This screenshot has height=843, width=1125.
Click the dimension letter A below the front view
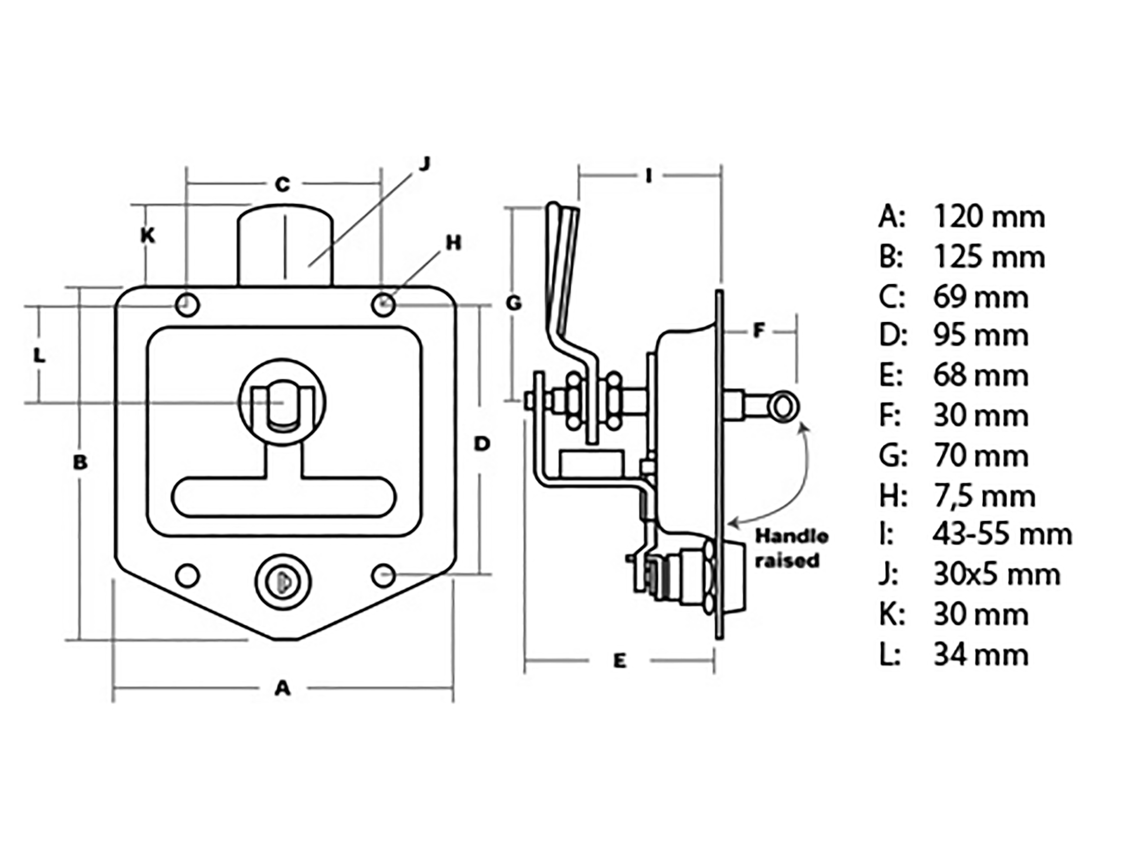click(x=282, y=688)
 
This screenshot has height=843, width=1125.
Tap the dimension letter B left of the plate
click(x=80, y=462)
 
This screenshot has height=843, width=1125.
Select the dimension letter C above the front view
click(x=282, y=184)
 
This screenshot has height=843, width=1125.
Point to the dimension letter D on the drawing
click(x=481, y=444)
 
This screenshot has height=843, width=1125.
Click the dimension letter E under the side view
click(x=620, y=661)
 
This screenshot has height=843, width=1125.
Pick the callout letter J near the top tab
click(x=424, y=164)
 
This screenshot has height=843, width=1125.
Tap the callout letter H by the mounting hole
click(x=453, y=243)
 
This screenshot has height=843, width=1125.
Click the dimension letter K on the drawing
click(x=148, y=235)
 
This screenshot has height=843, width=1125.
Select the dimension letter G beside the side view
click(x=514, y=304)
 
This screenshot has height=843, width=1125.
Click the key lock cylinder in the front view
click(x=283, y=581)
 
